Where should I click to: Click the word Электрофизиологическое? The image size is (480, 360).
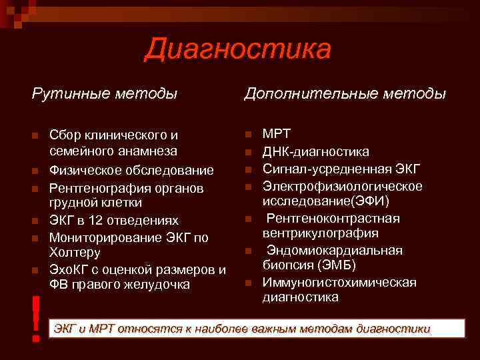[x=342, y=185]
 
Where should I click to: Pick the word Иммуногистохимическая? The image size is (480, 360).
[x=339, y=282]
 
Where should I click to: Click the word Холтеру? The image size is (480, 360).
[x=75, y=253]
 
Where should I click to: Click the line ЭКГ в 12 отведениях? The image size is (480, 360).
[x=114, y=220]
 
